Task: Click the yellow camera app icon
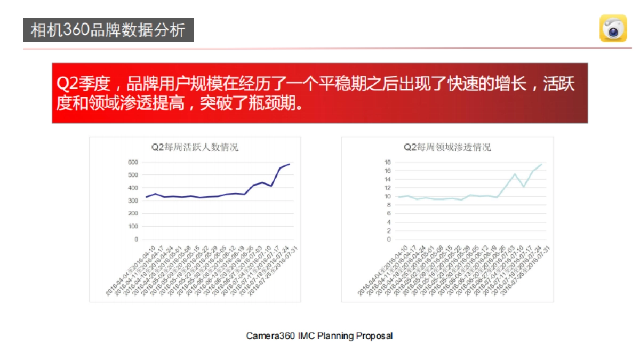(x=613, y=28)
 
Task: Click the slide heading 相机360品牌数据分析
(x=108, y=30)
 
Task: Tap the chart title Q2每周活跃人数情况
(x=195, y=148)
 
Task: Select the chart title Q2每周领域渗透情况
(x=447, y=148)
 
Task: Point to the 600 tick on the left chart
(x=133, y=162)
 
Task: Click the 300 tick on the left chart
(x=133, y=201)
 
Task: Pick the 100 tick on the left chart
(x=133, y=226)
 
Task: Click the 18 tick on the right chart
(x=388, y=162)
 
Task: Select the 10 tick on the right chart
(x=388, y=196)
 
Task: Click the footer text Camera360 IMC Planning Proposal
(x=319, y=336)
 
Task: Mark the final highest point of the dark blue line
(x=289, y=164)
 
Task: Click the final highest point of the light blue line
(x=542, y=164)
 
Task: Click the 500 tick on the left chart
(x=133, y=175)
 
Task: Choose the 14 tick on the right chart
(x=388, y=179)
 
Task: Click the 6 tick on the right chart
(x=389, y=213)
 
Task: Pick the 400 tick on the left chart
(x=133, y=188)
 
